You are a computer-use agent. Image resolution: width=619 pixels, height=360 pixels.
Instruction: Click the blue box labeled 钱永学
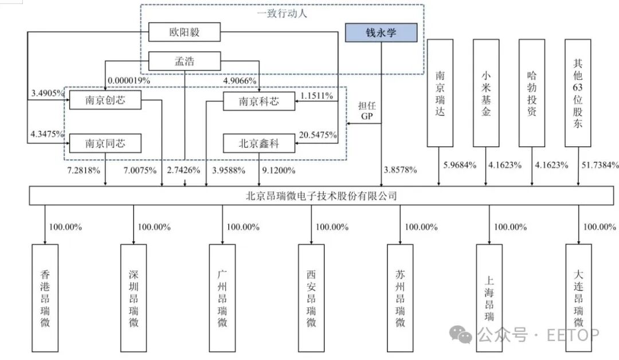[381, 33]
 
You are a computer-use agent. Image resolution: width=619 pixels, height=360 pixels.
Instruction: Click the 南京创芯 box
[105, 101]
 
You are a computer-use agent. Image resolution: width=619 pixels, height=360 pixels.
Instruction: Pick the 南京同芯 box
[105, 143]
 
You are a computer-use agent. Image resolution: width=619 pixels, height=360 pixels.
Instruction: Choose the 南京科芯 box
[258, 102]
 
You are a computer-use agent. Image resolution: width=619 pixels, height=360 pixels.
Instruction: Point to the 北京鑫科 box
[258, 143]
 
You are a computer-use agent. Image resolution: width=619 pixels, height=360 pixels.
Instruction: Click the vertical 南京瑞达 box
[440, 92]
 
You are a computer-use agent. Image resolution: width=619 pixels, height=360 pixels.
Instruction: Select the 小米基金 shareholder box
[486, 92]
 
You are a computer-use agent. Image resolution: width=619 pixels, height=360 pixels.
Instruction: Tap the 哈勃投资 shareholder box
[531, 92]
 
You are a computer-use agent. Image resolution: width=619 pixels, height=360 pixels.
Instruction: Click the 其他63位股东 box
[577, 92]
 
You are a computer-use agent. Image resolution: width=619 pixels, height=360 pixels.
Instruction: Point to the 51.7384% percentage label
[600, 165]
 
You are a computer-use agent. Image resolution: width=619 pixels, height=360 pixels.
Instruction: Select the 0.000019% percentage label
[128, 81]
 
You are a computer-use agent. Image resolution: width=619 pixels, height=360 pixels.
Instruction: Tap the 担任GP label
[366, 111]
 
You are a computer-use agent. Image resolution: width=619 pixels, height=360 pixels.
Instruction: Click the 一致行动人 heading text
[281, 14]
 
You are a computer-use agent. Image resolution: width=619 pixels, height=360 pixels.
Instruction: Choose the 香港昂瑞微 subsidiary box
[45, 298]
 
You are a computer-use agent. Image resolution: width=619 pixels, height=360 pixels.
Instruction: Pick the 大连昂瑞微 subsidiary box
[578, 298]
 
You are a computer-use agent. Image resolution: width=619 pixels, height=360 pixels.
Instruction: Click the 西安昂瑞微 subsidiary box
[311, 298]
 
